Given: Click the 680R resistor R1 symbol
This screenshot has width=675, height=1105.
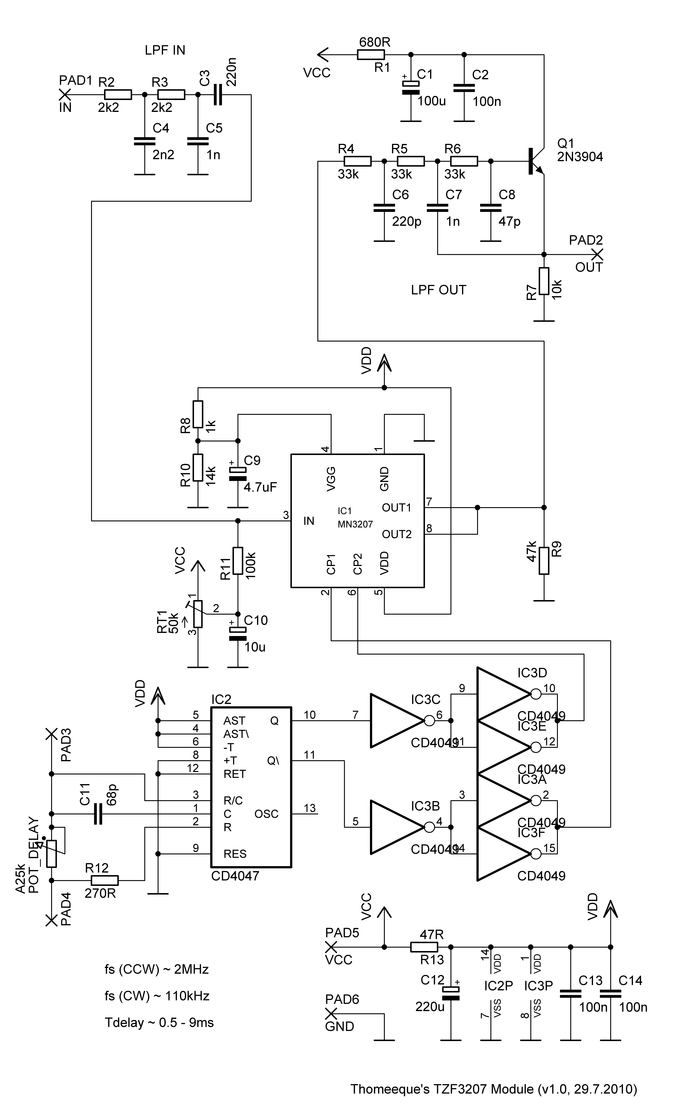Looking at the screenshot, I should [371, 55].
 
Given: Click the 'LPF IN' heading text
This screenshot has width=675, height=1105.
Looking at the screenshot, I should [165, 50].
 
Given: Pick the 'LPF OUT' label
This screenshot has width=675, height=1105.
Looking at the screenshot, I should [438, 290].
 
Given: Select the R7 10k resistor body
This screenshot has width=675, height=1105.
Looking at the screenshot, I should [544, 281].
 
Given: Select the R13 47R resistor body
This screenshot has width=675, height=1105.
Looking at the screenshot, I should [424, 947].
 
